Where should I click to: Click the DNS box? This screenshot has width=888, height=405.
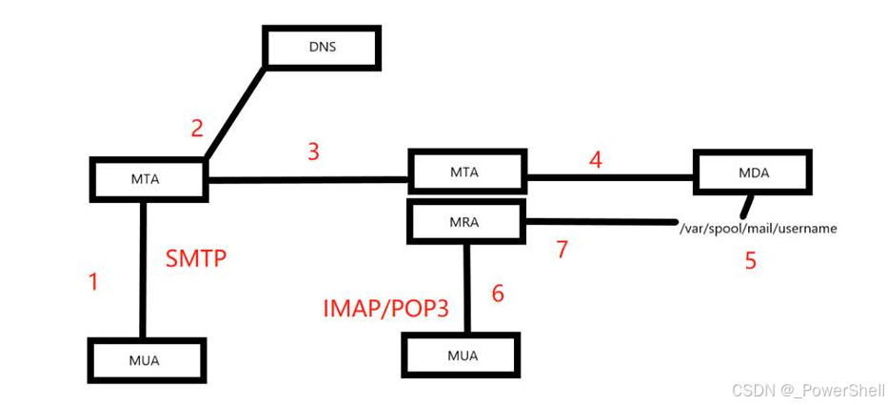322,47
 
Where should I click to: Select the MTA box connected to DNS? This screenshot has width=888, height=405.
148,177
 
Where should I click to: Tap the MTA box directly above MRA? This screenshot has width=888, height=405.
466,172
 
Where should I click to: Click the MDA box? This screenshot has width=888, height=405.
753,172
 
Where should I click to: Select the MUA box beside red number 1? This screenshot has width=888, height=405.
147,361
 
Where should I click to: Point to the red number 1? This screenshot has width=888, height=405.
93,282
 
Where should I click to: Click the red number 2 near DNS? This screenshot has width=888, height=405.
197,128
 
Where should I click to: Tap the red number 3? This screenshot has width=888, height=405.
313,152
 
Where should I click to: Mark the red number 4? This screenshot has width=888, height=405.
596,159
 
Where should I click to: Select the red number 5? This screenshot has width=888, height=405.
751,259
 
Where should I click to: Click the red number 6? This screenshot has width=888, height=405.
498,293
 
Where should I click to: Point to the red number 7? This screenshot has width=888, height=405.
562,250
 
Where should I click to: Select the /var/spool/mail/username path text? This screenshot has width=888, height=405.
759,229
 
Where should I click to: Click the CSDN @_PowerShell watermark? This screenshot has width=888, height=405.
806,391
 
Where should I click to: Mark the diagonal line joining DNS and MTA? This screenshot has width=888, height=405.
234,113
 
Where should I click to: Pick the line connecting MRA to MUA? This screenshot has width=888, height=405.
465,286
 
